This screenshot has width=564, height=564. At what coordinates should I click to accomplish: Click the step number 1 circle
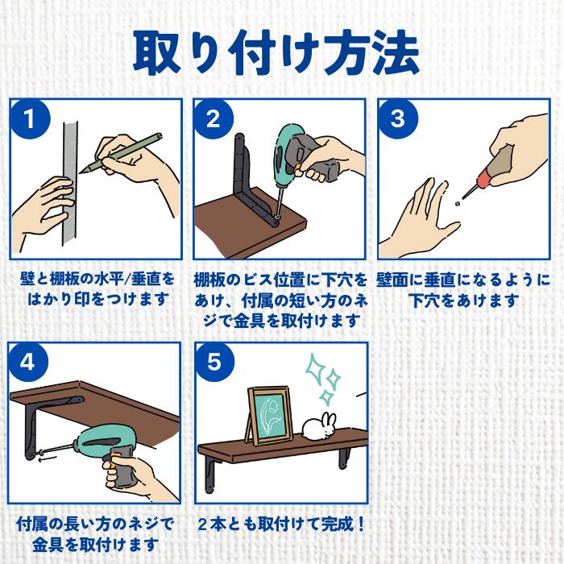[31, 119]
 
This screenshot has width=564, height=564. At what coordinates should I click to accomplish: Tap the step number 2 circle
[214, 119]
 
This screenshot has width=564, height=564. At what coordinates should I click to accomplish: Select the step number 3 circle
[398, 119]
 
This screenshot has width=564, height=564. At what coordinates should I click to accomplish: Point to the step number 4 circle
[28, 362]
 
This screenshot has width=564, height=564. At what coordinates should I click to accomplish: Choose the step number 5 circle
[214, 362]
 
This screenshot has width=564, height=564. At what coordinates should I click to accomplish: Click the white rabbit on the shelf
[319, 426]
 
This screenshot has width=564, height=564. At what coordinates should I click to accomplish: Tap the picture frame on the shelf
[269, 416]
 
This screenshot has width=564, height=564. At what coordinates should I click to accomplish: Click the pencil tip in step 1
[81, 172]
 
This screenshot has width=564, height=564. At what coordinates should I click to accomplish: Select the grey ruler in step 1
[70, 185]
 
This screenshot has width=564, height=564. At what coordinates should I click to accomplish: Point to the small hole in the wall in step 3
[457, 204]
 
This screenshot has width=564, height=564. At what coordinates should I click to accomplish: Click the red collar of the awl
[483, 179]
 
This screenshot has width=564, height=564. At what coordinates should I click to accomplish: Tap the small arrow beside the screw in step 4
[48, 458]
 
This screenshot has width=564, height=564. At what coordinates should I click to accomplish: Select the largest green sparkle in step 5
[315, 367]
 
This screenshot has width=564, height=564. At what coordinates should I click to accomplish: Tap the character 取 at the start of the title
[157, 53]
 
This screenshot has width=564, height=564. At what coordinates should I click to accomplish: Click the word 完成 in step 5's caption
[337, 525]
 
